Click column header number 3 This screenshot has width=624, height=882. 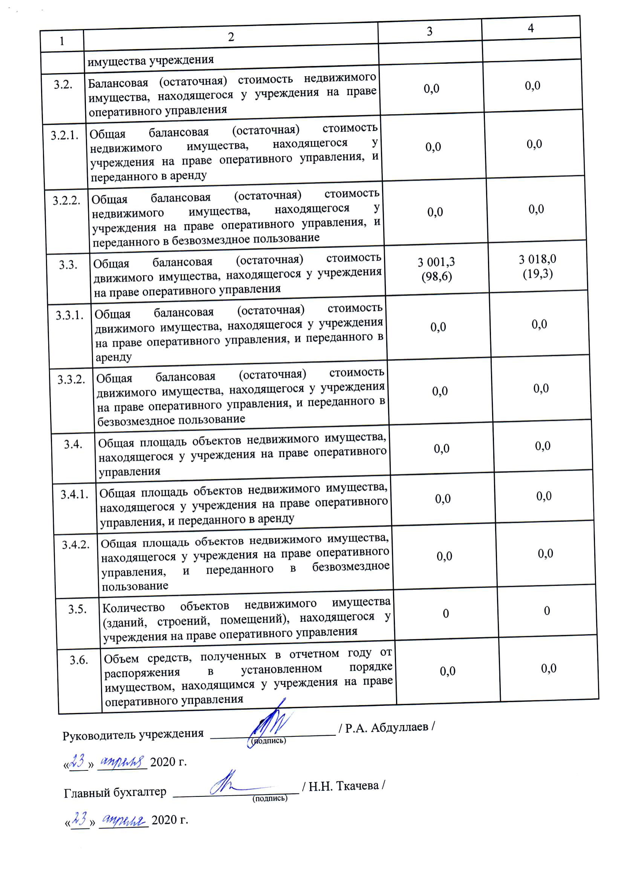430,31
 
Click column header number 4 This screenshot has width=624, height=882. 531,28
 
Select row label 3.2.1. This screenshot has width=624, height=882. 64,135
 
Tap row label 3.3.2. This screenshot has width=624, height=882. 71,380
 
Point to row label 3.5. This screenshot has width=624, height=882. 77,609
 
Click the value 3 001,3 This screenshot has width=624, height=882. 436,262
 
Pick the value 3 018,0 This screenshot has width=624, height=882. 537,259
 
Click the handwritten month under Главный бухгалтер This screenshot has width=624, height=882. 123,820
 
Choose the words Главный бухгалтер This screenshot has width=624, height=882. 115,792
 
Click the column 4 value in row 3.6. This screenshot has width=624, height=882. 548,668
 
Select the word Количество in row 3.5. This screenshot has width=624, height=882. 133,608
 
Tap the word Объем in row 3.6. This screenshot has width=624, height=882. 121,659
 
